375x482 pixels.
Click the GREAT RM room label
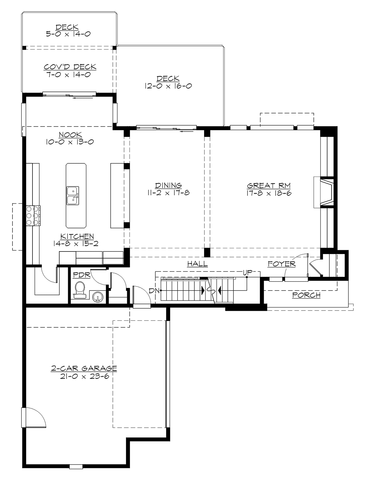[269, 186]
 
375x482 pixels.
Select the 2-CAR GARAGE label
[84, 369]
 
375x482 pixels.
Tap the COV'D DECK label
[70, 67]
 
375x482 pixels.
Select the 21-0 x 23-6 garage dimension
[84, 376]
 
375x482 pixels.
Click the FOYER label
[282, 264]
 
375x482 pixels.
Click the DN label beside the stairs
[153, 291]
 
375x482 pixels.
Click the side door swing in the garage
[34, 417]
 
